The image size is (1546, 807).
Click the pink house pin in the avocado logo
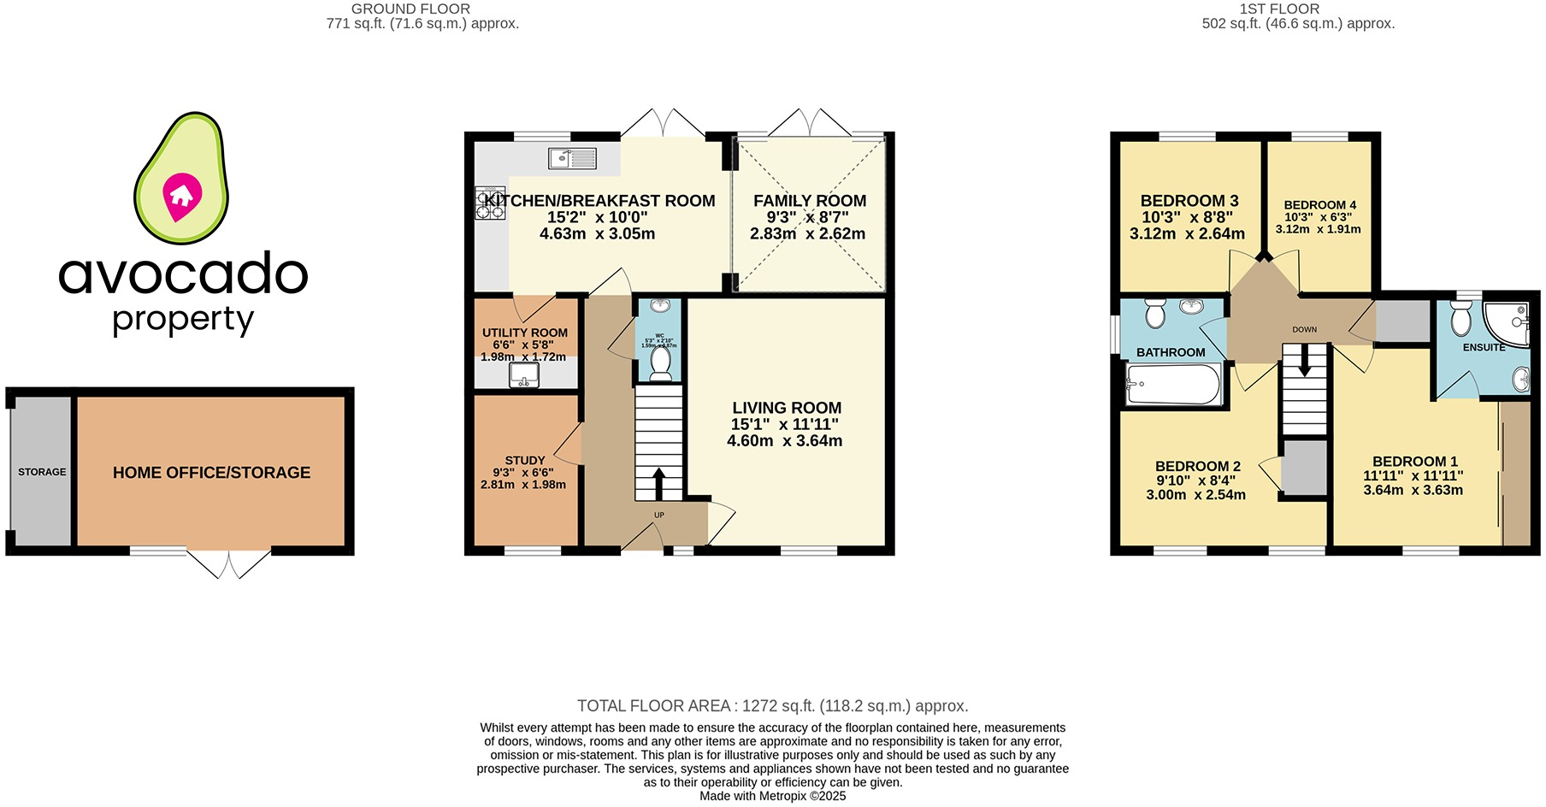point(181,196)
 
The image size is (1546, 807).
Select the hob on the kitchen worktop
point(491,203)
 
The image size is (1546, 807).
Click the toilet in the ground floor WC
point(660,362)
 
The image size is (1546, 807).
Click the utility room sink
point(524,374)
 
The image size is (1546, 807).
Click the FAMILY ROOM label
point(810,201)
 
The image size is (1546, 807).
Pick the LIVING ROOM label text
point(787,409)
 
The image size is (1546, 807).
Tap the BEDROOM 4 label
point(1319,205)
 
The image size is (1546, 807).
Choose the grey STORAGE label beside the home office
point(42,472)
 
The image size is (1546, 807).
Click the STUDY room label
point(524,460)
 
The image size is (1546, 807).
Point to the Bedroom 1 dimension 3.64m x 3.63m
point(1413,491)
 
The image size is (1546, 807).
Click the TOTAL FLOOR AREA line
point(772,706)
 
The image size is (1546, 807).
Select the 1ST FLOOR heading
point(1279,9)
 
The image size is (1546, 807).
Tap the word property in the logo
point(183,319)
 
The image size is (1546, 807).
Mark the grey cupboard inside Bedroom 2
point(1305,468)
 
